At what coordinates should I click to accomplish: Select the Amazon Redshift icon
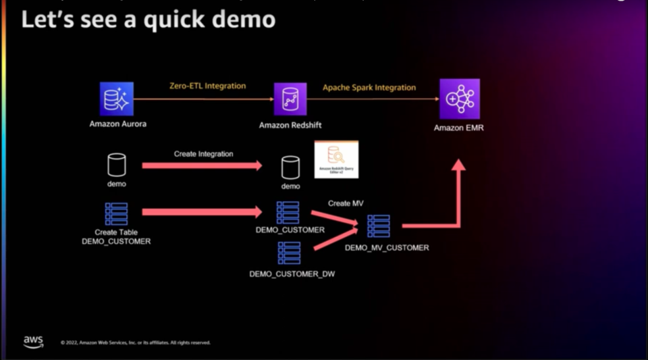point(290,99)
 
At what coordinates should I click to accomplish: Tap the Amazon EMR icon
point(459,99)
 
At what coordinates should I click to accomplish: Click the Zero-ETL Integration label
point(207,86)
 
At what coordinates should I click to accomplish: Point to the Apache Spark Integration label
point(369,88)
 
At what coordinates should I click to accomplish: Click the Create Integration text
point(203,154)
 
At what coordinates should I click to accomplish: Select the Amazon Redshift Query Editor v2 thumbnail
point(336,159)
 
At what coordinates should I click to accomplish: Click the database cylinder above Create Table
point(117,165)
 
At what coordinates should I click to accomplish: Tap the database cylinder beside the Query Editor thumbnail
point(290,166)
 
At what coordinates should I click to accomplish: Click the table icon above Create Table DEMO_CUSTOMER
point(117,213)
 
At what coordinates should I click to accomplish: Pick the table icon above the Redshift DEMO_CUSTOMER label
point(288,213)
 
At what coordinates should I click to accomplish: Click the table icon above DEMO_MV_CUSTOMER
point(378,226)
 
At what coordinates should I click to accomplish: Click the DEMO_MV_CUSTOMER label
point(387,248)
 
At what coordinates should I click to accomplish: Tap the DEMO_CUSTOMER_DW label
point(292,274)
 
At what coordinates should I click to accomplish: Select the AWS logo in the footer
point(33,342)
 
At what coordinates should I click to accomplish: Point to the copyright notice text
point(135,343)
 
